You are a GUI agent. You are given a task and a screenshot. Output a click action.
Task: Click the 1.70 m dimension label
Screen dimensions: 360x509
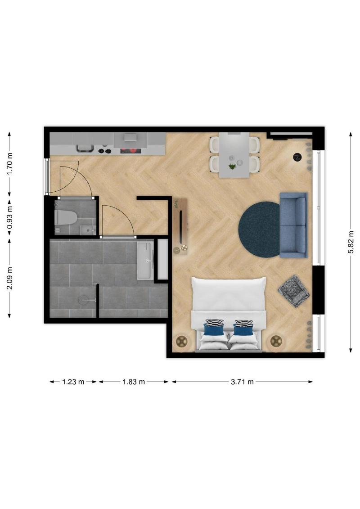(10, 164)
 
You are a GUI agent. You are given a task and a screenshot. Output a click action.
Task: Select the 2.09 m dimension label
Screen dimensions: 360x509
(10, 278)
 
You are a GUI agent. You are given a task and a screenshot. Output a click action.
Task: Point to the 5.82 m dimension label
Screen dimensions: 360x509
(351, 242)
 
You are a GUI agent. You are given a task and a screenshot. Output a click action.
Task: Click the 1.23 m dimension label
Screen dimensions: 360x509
(73, 382)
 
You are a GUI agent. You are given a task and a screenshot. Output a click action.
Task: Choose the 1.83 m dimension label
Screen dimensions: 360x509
(133, 382)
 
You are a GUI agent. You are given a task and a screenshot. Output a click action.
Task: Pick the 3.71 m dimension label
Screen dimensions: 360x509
(242, 382)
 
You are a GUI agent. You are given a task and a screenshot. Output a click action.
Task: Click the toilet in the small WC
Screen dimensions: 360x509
(66, 217)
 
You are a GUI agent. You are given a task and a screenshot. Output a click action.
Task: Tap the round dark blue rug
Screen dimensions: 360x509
(260, 230)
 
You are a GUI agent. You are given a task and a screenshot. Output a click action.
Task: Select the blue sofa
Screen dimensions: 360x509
(293, 225)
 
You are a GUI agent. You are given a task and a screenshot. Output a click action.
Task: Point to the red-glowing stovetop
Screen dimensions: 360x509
(131, 150)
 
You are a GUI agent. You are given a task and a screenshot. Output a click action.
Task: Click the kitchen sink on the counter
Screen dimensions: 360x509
(85, 149)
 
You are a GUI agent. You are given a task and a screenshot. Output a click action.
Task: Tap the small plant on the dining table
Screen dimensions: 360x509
(232, 167)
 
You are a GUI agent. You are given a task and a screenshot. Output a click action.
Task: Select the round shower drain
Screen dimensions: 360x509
(83, 300)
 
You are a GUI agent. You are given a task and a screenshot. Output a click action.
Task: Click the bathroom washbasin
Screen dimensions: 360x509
(145, 260)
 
